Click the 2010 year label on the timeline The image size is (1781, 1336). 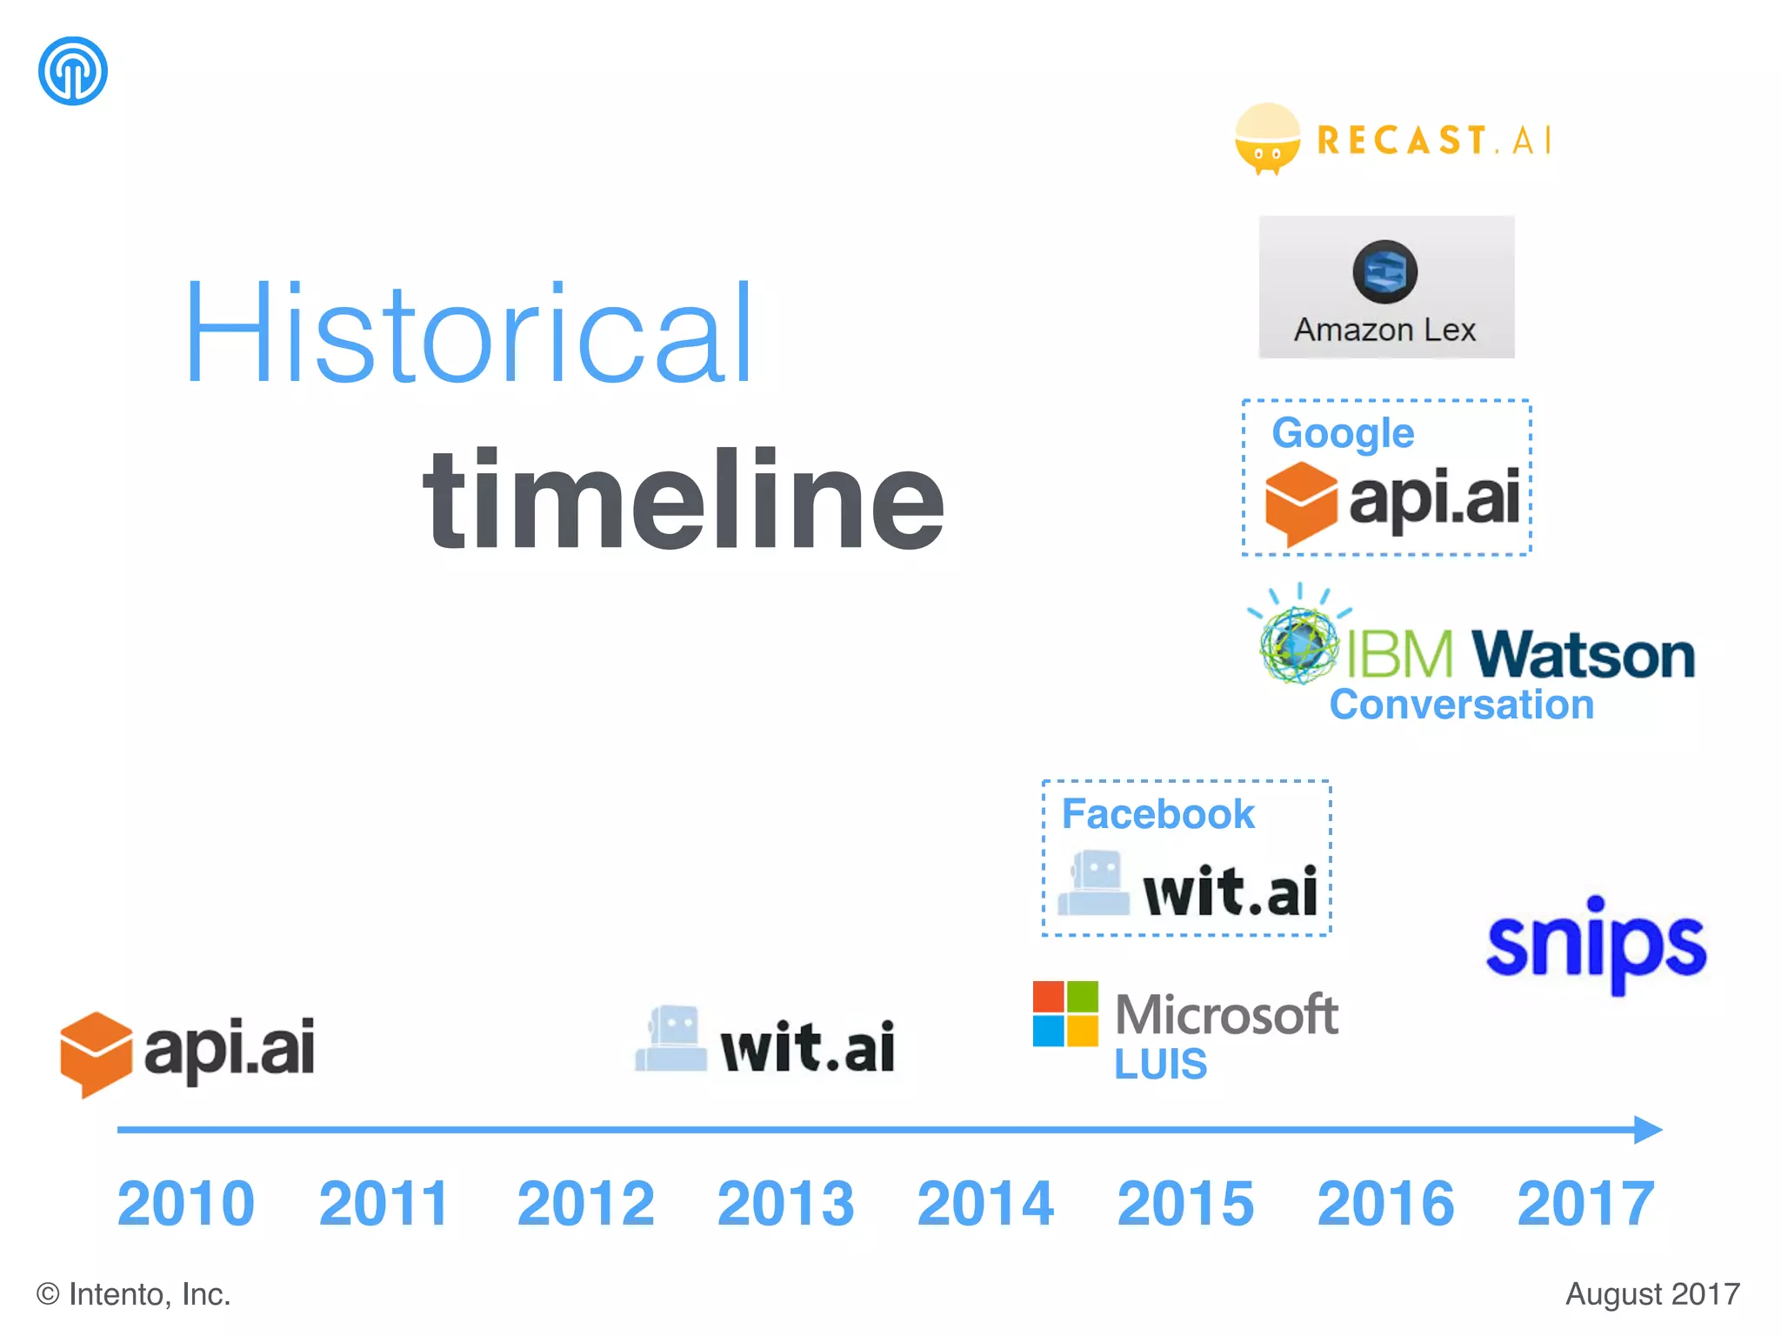186,1204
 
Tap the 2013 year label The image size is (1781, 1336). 785,1204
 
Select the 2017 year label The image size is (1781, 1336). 1585,1204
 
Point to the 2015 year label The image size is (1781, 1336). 1185,1204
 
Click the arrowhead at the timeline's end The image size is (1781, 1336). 1647,1130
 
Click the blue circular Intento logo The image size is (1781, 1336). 73,70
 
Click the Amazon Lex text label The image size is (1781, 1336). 1384,331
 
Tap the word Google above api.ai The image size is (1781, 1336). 1343,433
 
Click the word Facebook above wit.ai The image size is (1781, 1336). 1157,815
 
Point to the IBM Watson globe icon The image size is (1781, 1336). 1298,645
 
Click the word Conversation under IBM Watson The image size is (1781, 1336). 1461,705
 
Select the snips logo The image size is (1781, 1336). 1596,945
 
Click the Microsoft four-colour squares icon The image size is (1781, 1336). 1065,1013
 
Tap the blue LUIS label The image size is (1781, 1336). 1160,1065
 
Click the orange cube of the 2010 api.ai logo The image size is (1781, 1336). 96,1052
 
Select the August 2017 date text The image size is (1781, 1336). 1652,1294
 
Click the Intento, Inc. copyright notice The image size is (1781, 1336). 133,1294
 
